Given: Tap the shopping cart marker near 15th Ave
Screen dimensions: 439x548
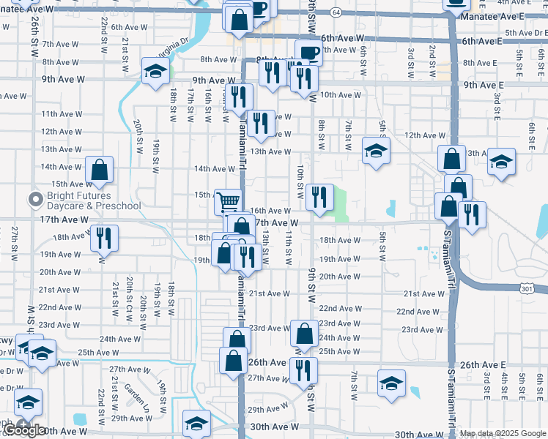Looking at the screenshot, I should (x=228, y=200).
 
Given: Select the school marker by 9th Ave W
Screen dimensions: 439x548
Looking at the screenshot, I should (x=155, y=71).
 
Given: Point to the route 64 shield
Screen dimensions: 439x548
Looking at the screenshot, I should (x=335, y=12).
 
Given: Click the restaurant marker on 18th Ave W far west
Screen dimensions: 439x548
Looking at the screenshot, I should (x=104, y=239).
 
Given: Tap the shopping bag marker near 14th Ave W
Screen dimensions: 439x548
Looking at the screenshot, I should (x=99, y=170).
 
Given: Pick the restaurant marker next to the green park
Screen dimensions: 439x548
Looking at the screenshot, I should (x=319, y=197).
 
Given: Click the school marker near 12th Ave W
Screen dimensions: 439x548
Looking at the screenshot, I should (x=376, y=151).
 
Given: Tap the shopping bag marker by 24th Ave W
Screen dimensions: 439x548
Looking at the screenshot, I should (x=304, y=334).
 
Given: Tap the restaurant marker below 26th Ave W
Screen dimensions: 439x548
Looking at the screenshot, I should (x=303, y=370).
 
